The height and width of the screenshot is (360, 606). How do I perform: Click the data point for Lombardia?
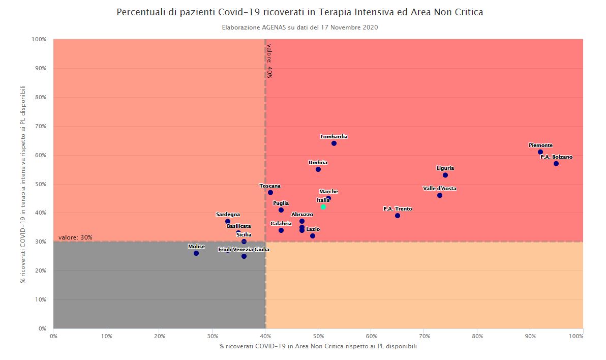pyautogui.click(x=334, y=143)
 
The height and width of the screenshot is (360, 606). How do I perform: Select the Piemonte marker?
pyautogui.click(x=540, y=152)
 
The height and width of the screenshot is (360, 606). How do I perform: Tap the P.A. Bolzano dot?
pyautogui.click(x=556, y=164)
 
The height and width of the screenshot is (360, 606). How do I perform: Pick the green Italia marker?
pyautogui.click(x=323, y=207)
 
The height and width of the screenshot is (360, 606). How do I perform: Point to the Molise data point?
pyautogui.click(x=196, y=253)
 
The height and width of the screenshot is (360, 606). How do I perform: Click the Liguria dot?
pyautogui.click(x=445, y=175)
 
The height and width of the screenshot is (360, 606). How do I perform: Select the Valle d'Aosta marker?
pyautogui.click(x=440, y=195)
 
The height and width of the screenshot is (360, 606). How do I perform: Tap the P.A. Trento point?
pyautogui.click(x=398, y=216)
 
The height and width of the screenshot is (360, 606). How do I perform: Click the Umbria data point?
pyautogui.click(x=318, y=169)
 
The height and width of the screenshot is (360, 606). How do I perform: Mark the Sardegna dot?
pyautogui.click(x=228, y=222)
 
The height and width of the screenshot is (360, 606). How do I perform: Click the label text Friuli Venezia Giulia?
pyautogui.click(x=244, y=250)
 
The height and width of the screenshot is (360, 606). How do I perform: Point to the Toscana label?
pyautogui.click(x=270, y=186)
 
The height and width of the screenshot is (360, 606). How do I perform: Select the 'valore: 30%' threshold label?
pyautogui.click(x=75, y=237)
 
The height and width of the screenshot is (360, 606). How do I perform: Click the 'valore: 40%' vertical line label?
pyautogui.click(x=269, y=61)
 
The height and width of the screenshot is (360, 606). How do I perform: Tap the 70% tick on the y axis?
pyautogui.click(x=39, y=126)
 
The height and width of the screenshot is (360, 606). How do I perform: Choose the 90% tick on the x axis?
pyautogui.click(x=530, y=336)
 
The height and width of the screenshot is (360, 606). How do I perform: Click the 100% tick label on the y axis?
pyautogui.click(x=39, y=39)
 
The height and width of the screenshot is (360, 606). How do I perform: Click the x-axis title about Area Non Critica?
pyautogui.click(x=318, y=347)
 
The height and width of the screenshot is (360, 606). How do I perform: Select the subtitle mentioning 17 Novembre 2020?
pyautogui.click(x=299, y=27)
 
